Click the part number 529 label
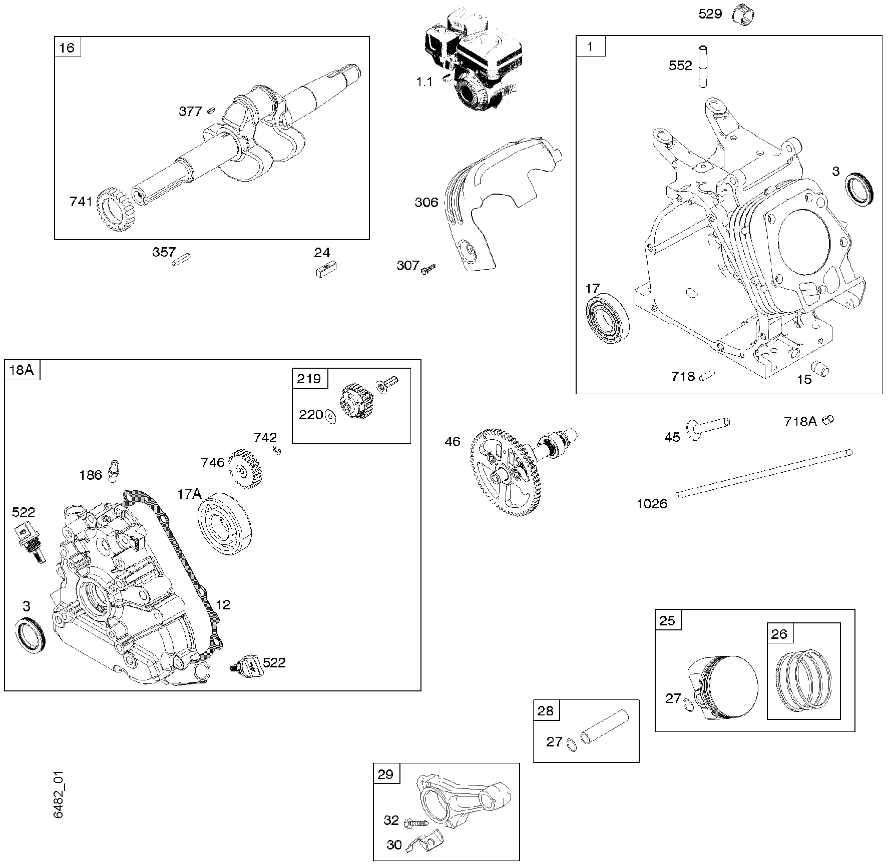[x=710, y=14]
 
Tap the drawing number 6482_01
[x=59, y=801]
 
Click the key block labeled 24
[x=326, y=270]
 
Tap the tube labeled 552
[x=703, y=67]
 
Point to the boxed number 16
[x=67, y=47]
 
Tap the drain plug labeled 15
[x=820, y=369]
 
